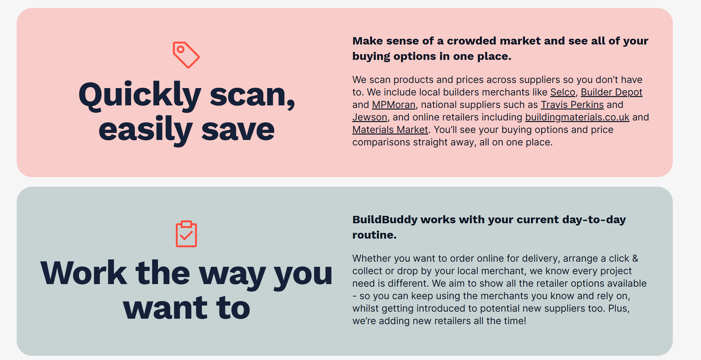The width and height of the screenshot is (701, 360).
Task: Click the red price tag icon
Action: coord(186,55)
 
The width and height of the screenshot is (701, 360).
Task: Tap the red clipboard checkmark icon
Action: coord(186,234)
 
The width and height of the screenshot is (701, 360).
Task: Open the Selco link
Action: coord(563,92)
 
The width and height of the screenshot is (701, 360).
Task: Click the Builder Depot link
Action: coord(611,92)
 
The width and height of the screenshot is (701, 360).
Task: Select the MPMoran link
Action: coord(394,105)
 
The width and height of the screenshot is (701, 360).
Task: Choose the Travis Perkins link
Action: coord(572,105)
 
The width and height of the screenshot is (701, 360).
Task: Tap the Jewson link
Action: coord(370,117)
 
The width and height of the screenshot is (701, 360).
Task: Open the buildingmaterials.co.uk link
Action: coord(577,117)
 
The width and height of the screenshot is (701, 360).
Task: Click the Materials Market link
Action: coord(390,130)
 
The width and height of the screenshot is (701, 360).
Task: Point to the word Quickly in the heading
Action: coord(140,95)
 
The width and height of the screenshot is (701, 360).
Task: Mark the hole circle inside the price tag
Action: coord(181,49)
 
